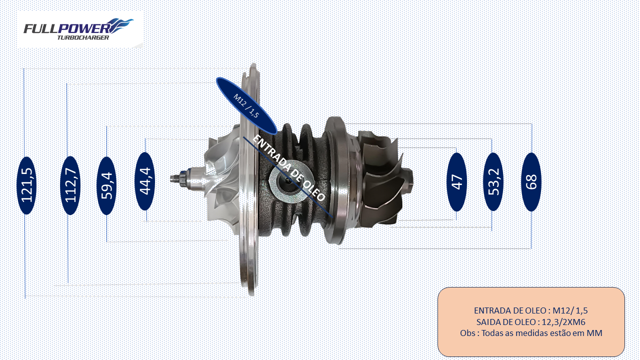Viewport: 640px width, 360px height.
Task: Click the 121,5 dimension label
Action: pyautogui.click(x=27, y=185)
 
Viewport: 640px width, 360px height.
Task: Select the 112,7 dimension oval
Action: pyautogui.click(x=70, y=185)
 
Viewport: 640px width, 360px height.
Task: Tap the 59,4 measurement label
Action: pyautogui.click(x=106, y=185)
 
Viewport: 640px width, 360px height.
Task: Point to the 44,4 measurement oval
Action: pyautogui.click(x=145, y=181)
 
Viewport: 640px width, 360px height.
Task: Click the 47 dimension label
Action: pyautogui.click(x=456, y=182)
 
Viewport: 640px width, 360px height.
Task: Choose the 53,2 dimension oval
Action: pyautogui.click(x=493, y=182)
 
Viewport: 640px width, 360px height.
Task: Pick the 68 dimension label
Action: pyautogui.click(x=531, y=182)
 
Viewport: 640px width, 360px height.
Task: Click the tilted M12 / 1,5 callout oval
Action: pyautogui.click(x=246, y=105)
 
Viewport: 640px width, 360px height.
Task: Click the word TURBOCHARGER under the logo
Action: pyautogui.click(x=83, y=37)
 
